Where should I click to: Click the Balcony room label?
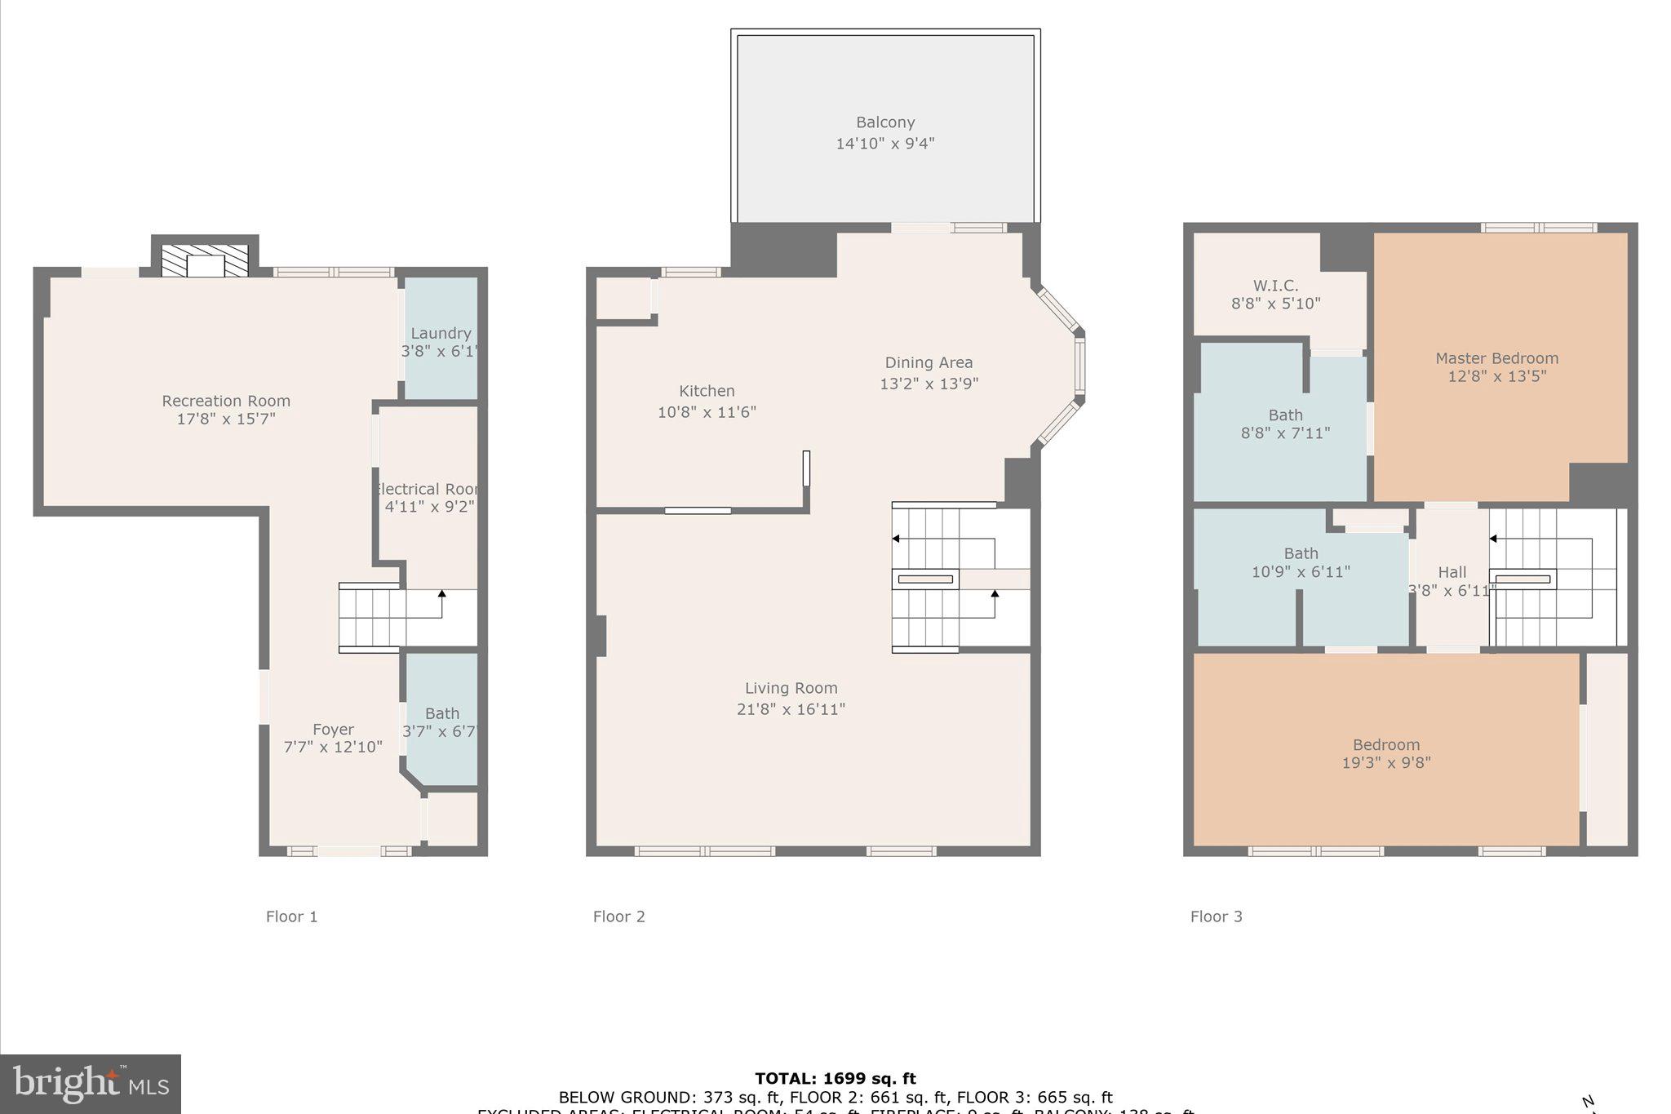(x=884, y=122)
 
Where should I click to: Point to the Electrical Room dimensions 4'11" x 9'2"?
(x=429, y=507)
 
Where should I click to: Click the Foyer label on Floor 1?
(x=333, y=730)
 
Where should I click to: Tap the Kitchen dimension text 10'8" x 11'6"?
(x=707, y=412)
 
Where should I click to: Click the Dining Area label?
(x=929, y=362)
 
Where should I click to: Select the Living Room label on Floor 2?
(x=791, y=688)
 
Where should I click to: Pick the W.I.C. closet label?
(x=1275, y=286)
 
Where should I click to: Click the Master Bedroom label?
(x=1496, y=358)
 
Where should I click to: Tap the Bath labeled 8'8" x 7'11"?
(x=1285, y=424)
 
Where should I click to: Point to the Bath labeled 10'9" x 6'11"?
(x=1301, y=562)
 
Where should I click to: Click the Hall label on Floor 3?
(x=1452, y=572)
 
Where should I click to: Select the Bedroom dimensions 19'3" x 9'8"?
(x=1385, y=763)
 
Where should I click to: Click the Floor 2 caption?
(x=618, y=916)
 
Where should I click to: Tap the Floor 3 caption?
(x=1216, y=916)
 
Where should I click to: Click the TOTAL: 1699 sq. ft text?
(x=835, y=1078)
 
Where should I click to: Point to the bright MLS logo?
(x=91, y=1084)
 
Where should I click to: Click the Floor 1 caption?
(x=291, y=916)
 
